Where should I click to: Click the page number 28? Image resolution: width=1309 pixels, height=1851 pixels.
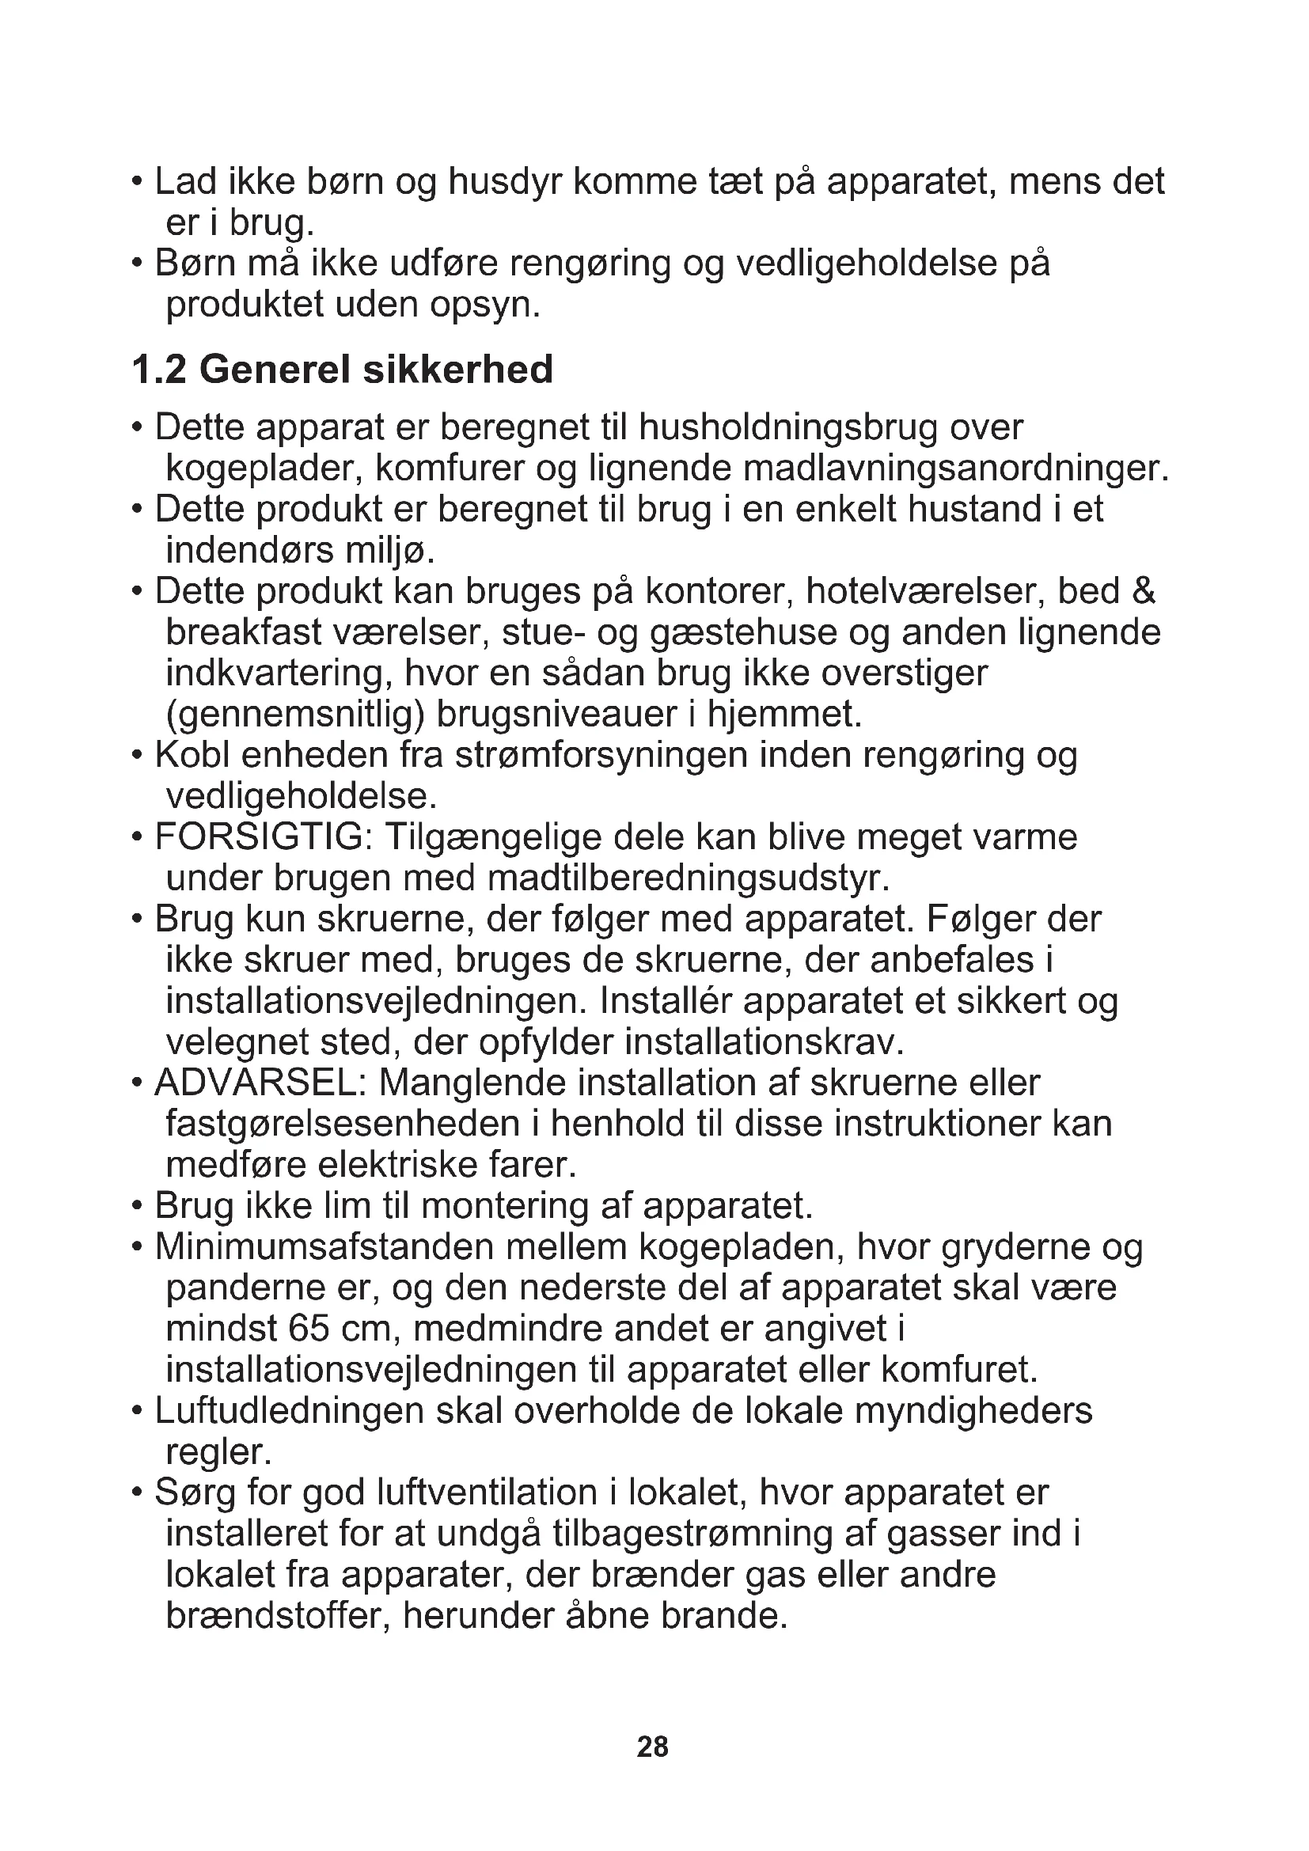tap(652, 1747)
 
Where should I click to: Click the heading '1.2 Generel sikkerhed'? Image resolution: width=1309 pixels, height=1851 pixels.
tap(342, 370)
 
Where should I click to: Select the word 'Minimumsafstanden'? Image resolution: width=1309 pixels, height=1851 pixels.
tap(324, 1247)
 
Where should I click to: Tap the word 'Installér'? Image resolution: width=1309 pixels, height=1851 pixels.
tap(665, 1002)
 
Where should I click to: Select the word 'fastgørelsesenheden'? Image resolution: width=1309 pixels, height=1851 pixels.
tap(342, 1125)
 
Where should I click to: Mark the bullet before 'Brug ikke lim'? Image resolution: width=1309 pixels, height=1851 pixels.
tap(137, 1208)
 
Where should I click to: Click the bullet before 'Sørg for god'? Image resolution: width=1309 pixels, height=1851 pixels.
tap(137, 1494)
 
